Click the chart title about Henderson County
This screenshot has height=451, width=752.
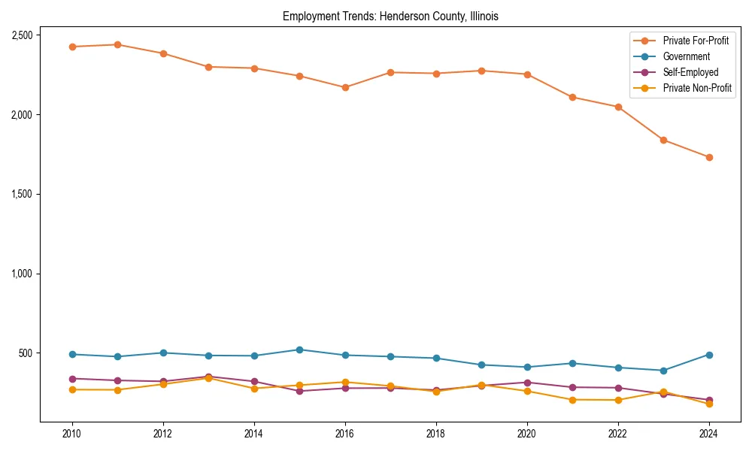coord(390,16)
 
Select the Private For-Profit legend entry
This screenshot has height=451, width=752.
coord(696,40)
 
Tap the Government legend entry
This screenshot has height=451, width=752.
coord(686,56)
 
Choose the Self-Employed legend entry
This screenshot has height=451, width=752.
coord(690,72)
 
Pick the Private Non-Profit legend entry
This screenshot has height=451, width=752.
coord(697,89)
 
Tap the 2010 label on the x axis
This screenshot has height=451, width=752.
coord(72,434)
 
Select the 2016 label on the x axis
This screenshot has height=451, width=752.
coord(345,434)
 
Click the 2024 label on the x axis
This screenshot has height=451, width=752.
coord(709,434)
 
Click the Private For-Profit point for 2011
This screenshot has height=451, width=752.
coord(117,44)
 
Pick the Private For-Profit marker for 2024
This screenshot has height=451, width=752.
coord(709,157)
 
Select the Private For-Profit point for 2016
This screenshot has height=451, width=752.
coord(345,87)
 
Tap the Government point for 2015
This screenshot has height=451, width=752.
coord(299,350)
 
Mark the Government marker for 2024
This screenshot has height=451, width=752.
coord(709,355)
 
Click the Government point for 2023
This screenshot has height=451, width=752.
coord(663,371)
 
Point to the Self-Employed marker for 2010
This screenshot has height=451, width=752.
coord(72,379)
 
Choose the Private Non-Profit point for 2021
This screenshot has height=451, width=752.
coord(572,400)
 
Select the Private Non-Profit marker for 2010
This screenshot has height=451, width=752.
coord(72,389)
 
